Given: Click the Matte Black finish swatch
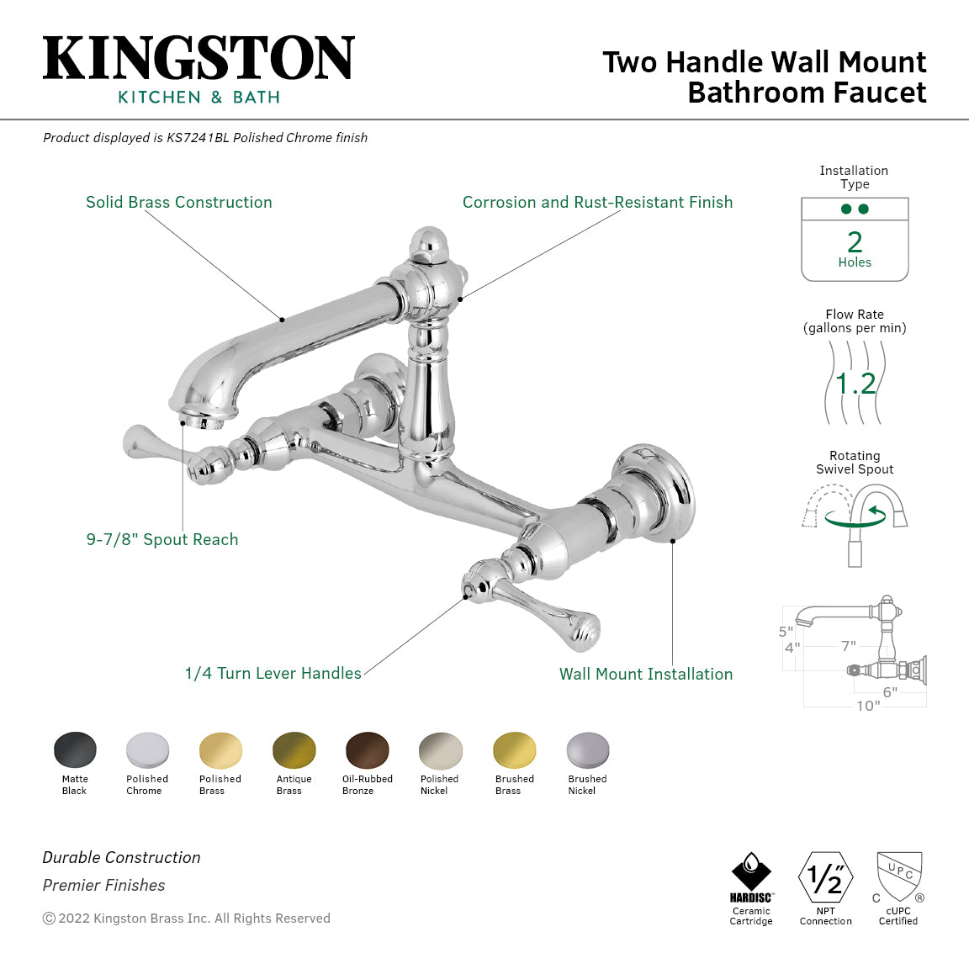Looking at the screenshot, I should click(75, 749).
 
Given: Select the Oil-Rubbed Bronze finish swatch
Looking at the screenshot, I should click(368, 749).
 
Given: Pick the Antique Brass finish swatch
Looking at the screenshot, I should click(294, 749).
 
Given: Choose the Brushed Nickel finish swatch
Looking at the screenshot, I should click(587, 749).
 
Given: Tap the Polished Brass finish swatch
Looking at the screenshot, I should click(220, 749).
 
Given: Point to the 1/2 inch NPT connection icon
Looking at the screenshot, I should click(825, 877).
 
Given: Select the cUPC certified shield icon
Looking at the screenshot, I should click(898, 876).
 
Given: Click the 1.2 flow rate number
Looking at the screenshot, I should click(855, 384).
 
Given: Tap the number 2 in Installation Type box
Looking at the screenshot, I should click(855, 242).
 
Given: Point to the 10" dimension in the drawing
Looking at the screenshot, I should click(868, 706).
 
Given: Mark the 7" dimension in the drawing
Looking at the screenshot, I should click(849, 646).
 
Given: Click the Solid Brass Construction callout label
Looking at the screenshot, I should click(179, 203).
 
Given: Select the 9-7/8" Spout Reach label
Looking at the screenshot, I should click(162, 540).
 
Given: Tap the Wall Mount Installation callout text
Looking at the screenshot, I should click(646, 675).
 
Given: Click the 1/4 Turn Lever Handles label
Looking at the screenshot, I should click(273, 674).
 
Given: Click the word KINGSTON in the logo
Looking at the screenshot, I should click(199, 58).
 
